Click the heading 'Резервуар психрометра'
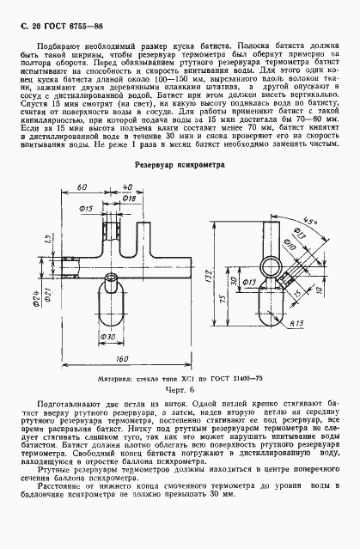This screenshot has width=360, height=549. pyautogui.click(x=179, y=162)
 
